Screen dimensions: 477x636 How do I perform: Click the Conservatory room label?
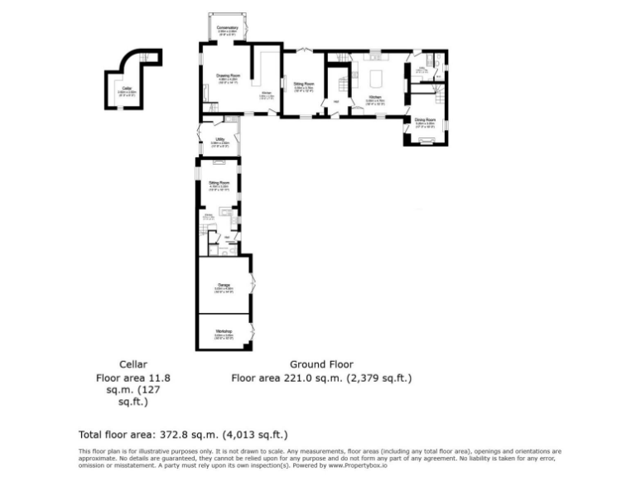point(228,28)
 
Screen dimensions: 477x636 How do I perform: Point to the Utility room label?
point(220,139)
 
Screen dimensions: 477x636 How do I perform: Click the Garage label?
point(224,285)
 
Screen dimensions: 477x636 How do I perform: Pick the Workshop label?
point(224,331)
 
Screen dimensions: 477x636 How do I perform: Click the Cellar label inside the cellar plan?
point(126,88)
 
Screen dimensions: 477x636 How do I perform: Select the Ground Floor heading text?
point(321,364)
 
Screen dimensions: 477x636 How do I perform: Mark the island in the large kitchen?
point(377,81)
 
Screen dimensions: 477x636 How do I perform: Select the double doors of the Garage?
point(253,287)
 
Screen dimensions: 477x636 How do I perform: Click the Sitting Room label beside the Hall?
point(304,84)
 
